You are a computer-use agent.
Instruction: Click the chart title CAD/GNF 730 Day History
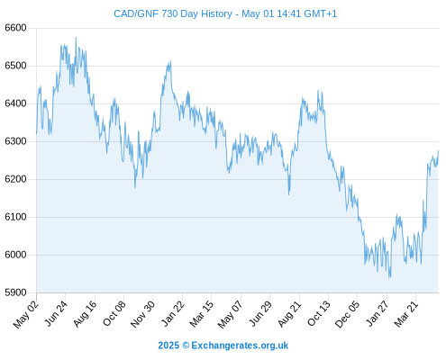(173, 13)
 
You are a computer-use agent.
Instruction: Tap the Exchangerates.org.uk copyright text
(223, 346)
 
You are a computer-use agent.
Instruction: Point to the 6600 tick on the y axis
(15, 28)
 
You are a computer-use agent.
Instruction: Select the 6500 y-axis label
(15, 66)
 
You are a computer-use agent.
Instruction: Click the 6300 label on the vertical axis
(15, 141)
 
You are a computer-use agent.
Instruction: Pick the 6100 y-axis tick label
(15, 217)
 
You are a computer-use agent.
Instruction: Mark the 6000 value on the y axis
(15, 255)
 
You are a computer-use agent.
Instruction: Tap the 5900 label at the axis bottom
(15, 292)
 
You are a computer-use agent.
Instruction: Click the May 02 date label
(26, 314)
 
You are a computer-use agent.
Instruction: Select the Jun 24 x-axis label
(56, 313)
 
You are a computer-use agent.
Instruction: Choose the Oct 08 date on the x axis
(114, 313)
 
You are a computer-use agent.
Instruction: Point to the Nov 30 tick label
(143, 314)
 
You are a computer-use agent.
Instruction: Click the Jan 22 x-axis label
(173, 313)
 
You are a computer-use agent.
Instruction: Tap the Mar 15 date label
(202, 313)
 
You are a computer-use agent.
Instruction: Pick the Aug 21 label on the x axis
(289, 313)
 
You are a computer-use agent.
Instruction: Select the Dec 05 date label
(347, 314)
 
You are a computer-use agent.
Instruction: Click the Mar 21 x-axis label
(406, 313)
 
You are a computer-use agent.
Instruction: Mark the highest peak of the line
(76, 38)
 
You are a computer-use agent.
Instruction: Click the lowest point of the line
(389, 279)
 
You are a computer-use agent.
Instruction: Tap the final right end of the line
(438, 150)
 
